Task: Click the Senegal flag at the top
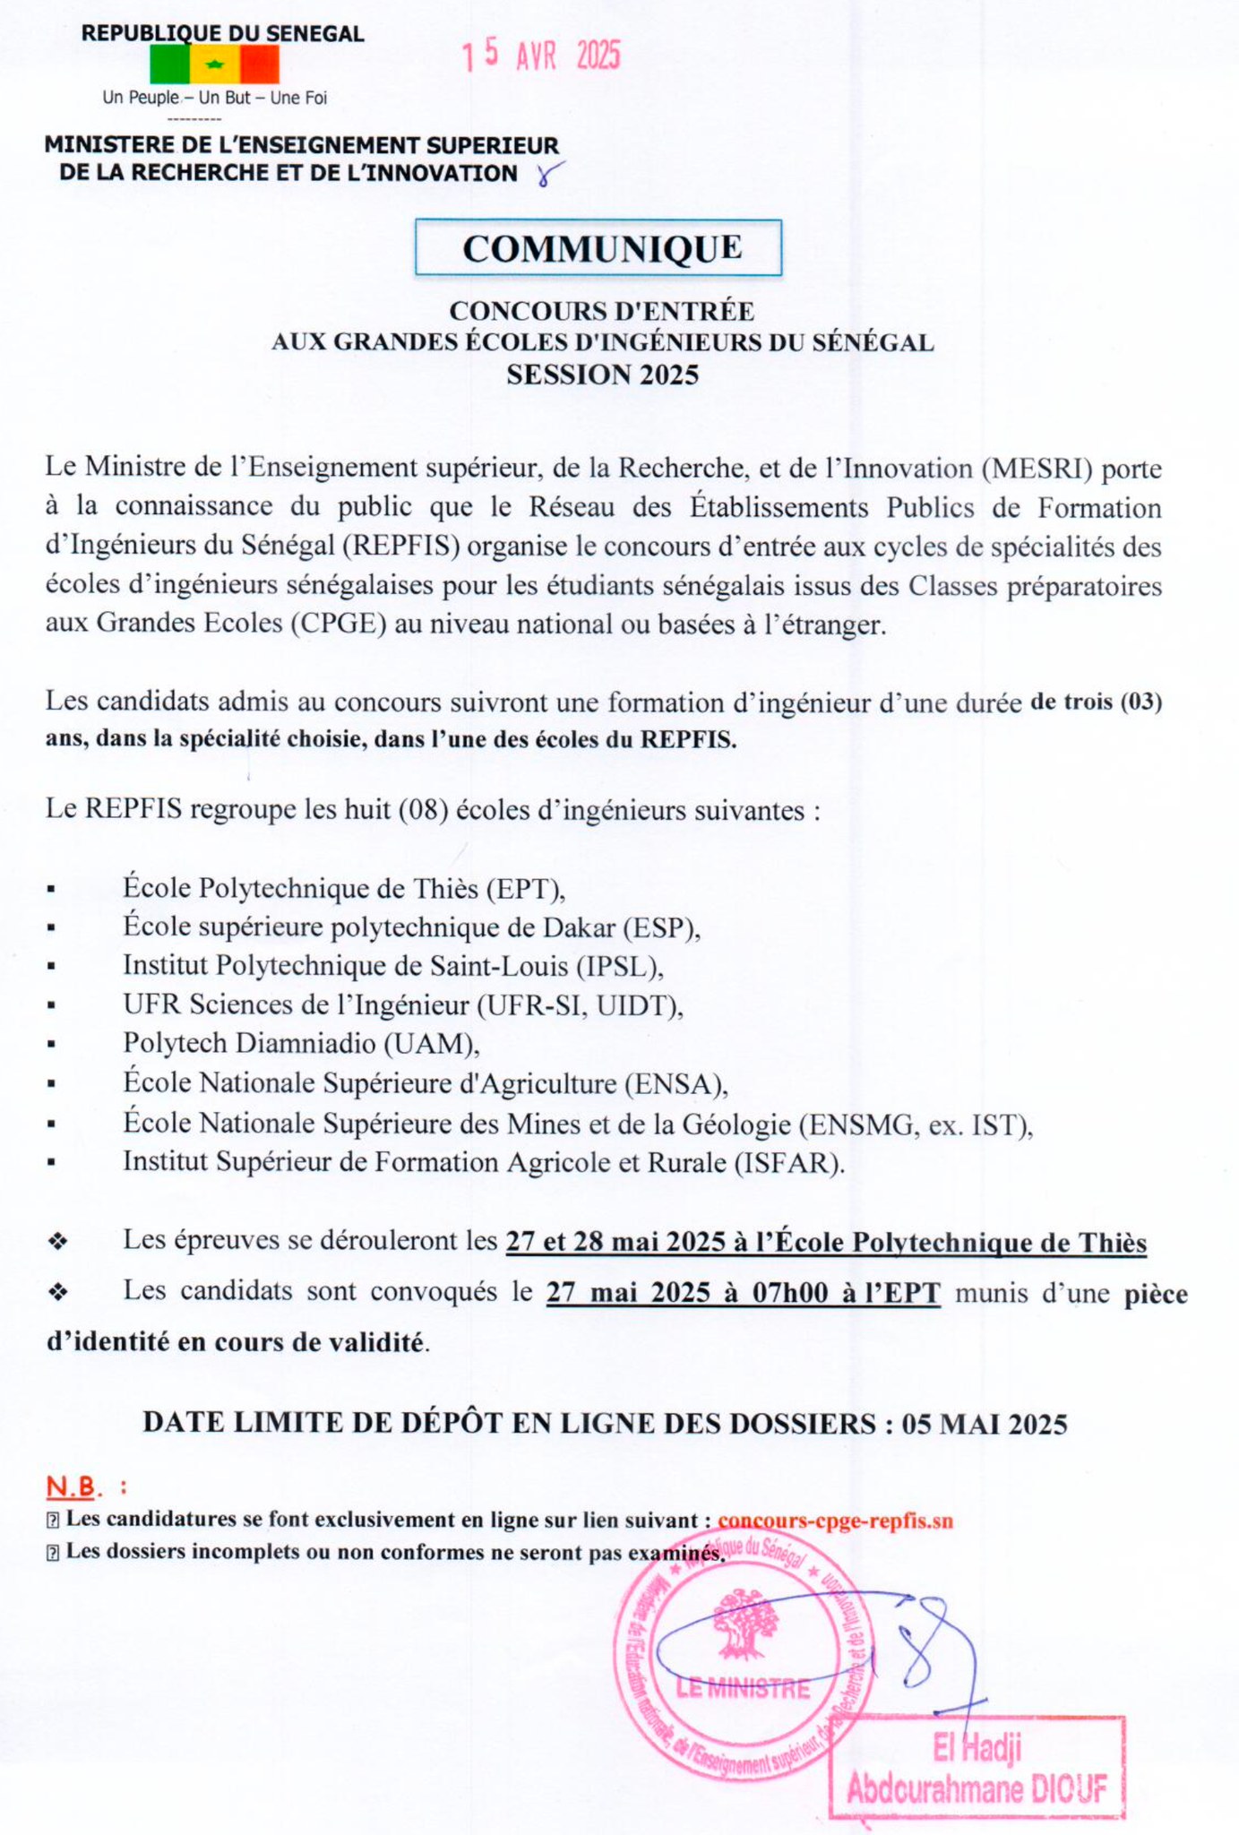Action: [x=214, y=65]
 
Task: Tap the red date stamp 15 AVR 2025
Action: [x=541, y=56]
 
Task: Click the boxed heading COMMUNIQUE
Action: [x=598, y=248]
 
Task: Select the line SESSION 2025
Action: [x=602, y=375]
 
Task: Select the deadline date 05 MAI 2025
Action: [x=985, y=1424]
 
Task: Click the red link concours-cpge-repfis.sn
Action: [x=835, y=1520]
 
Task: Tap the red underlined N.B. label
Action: [x=72, y=1487]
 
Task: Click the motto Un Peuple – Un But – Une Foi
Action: [x=215, y=98]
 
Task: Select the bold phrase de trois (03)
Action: [x=1096, y=702]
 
